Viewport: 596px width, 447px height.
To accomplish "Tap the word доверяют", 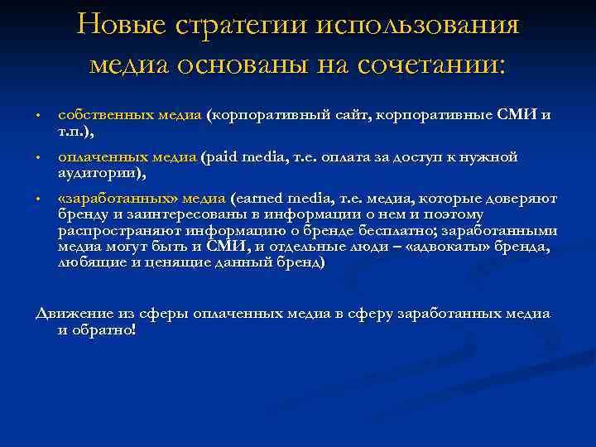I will click(x=522, y=199).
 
